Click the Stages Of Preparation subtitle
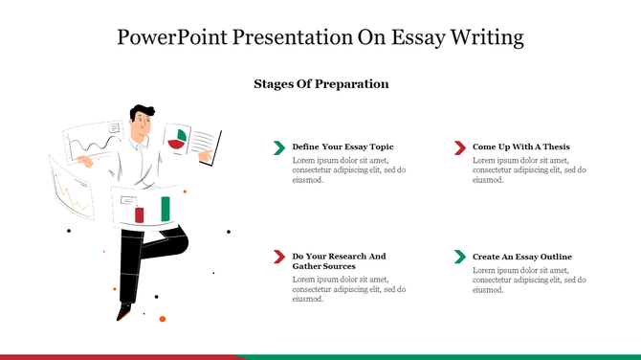[x=320, y=84]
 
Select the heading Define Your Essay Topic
[x=343, y=146]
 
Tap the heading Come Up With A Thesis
[x=521, y=146]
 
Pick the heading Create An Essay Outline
[x=521, y=257]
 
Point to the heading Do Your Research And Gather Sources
[x=339, y=261]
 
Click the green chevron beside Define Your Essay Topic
[x=278, y=146]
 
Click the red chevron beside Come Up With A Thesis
[x=459, y=146]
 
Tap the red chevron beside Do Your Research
[x=278, y=257]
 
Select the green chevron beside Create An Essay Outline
[x=459, y=257]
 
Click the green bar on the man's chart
[x=165, y=208]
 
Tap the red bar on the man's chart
[x=140, y=214]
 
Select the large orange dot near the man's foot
[x=163, y=318]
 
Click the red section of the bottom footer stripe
[x=115, y=357]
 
